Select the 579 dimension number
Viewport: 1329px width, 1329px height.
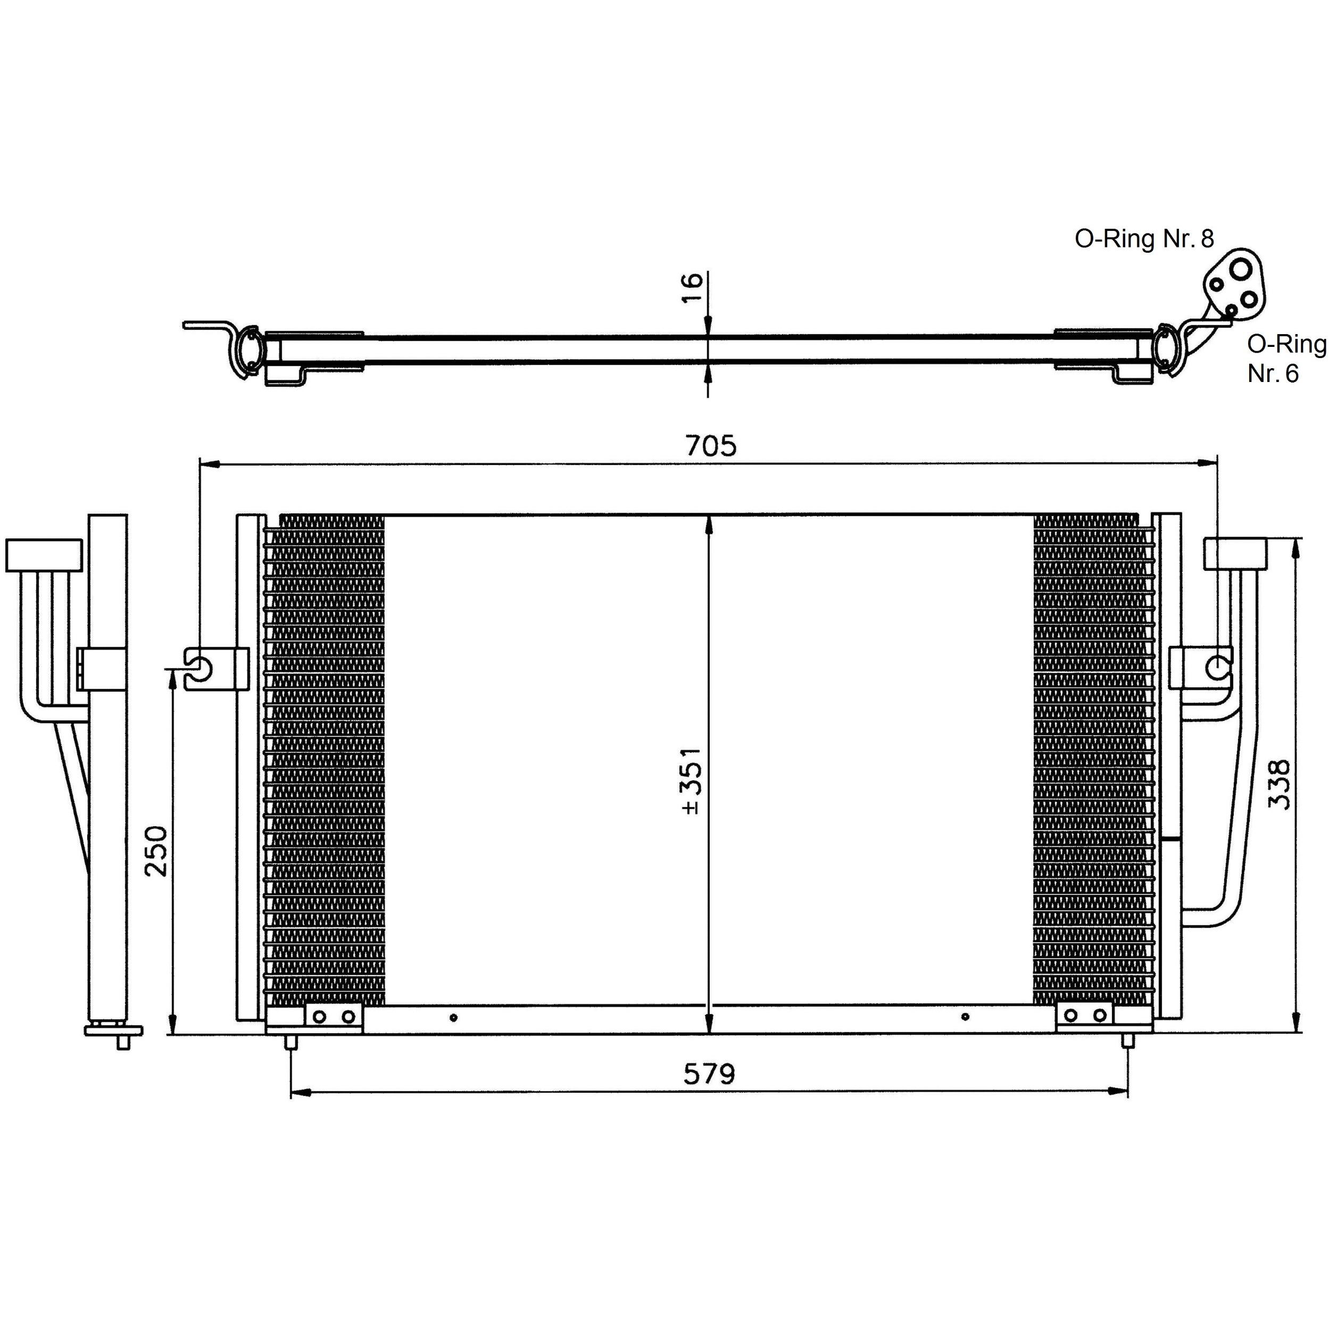(x=709, y=1073)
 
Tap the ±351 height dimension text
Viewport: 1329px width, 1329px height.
(x=691, y=781)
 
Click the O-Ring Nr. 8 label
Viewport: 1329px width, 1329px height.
(x=1144, y=239)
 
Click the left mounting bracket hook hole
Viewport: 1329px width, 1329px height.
(x=200, y=666)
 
